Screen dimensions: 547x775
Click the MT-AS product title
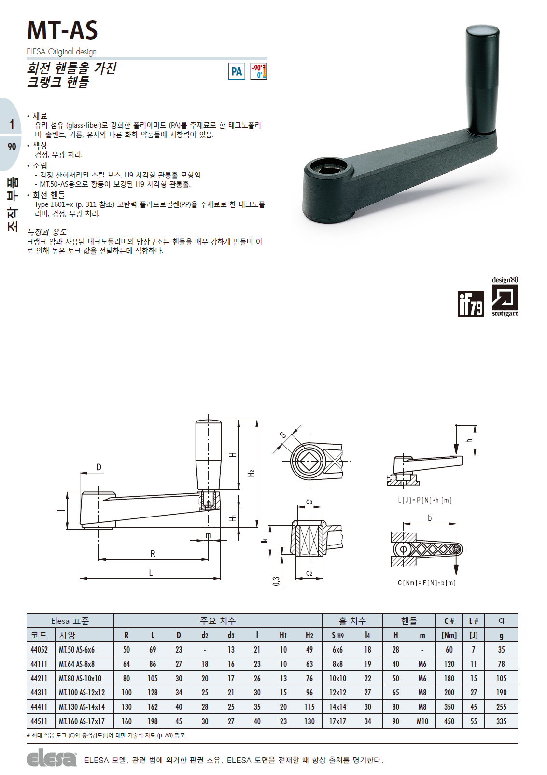coord(62,30)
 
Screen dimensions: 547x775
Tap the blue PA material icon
coord(237,71)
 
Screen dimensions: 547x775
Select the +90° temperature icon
coord(259,71)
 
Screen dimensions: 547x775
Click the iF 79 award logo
coord(471,304)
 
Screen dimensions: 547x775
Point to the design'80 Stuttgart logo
coord(505,297)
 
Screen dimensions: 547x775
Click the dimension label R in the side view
coord(153,554)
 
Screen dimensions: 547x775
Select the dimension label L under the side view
coord(151,572)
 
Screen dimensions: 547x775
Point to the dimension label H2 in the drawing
coord(252,473)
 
